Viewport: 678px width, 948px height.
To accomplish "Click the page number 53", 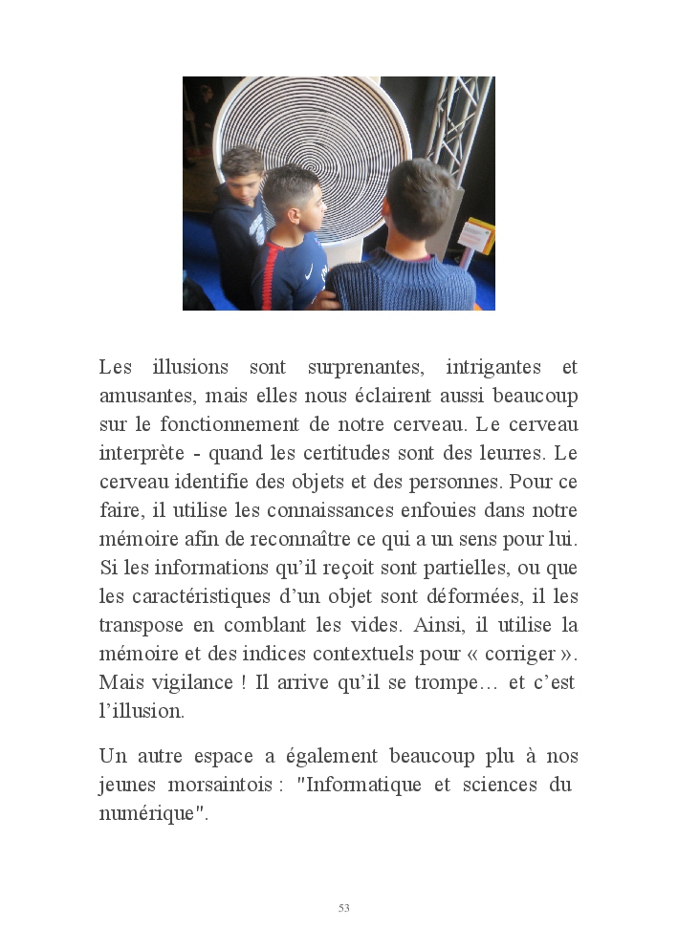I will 343,908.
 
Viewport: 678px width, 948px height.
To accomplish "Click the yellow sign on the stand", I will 477,234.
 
